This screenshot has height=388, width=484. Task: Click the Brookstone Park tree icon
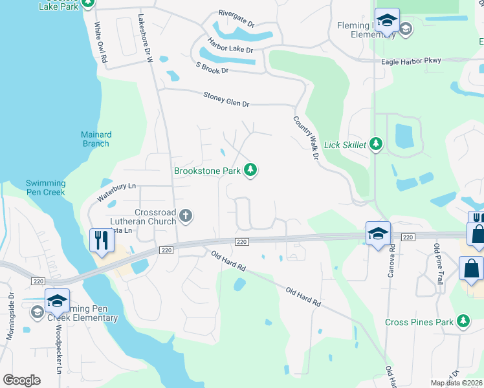(x=250, y=171)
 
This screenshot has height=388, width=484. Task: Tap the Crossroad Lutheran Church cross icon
(x=186, y=215)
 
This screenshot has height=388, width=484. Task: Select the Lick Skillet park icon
(x=376, y=145)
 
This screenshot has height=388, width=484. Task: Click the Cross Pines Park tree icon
(x=463, y=321)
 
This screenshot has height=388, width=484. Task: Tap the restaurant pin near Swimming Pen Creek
(x=102, y=241)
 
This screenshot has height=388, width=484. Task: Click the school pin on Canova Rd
(x=378, y=234)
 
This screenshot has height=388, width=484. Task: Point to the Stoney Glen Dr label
(x=217, y=98)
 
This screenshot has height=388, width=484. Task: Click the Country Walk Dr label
(x=307, y=137)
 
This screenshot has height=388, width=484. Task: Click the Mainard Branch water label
(x=96, y=139)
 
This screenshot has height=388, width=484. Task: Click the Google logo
(x=21, y=380)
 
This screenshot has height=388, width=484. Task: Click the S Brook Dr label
(x=212, y=67)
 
